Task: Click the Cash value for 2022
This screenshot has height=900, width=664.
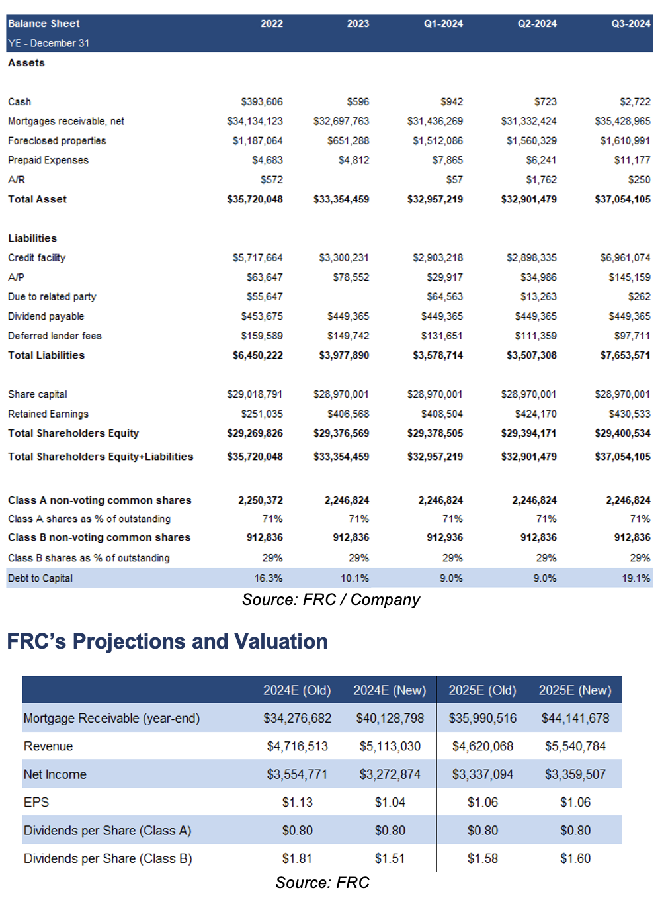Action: [262, 101]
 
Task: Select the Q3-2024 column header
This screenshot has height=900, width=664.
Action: [631, 24]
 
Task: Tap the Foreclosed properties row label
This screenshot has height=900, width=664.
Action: [57, 140]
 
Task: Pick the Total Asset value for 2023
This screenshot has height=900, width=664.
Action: [341, 199]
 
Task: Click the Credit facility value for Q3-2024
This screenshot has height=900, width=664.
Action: [625, 257]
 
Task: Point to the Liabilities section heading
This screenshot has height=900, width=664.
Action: [32, 238]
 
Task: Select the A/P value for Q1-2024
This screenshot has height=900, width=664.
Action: [444, 277]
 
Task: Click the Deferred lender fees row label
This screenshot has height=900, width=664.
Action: [55, 336]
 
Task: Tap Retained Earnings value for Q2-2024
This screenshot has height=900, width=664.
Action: [536, 414]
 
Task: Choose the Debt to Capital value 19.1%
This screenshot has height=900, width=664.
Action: [636, 578]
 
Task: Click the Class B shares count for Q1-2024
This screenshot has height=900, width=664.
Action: [444, 537]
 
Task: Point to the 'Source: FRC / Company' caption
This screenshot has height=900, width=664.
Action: [331, 600]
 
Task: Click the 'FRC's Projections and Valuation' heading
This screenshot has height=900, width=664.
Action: [167, 641]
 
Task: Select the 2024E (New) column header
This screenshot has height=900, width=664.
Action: [390, 690]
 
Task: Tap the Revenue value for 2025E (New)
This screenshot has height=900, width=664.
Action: [575, 746]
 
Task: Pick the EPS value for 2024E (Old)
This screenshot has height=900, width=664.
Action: [298, 802]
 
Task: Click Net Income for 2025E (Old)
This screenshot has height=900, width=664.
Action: [483, 774]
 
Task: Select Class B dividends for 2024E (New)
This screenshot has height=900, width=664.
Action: [390, 858]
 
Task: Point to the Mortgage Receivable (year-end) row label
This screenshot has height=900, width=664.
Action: [112, 718]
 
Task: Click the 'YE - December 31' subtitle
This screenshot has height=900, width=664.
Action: [49, 43]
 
